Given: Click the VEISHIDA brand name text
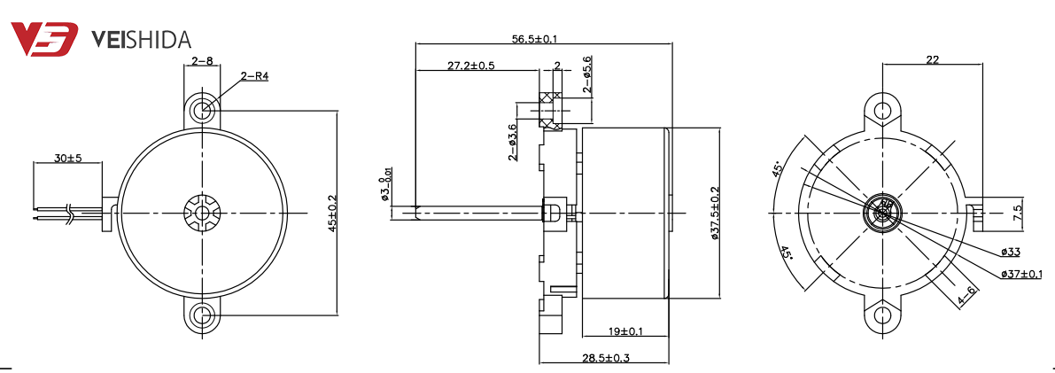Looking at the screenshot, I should click(x=142, y=39).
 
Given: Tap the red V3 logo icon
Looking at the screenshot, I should click(x=45, y=39).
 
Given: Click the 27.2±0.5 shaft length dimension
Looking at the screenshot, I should click(x=470, y=66).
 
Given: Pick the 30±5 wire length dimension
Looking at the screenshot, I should click(x=67, y=158).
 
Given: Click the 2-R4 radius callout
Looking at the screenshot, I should click(x=254, y=77).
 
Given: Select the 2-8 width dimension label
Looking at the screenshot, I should click(x=202, y=61).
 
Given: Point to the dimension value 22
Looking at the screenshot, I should click(x=932, y=59).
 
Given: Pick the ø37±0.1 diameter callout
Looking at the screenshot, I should click(x=1020, y=274).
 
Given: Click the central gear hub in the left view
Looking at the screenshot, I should click(x=203, y=213).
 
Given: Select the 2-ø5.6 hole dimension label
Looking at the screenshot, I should click(x=586, y=74).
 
